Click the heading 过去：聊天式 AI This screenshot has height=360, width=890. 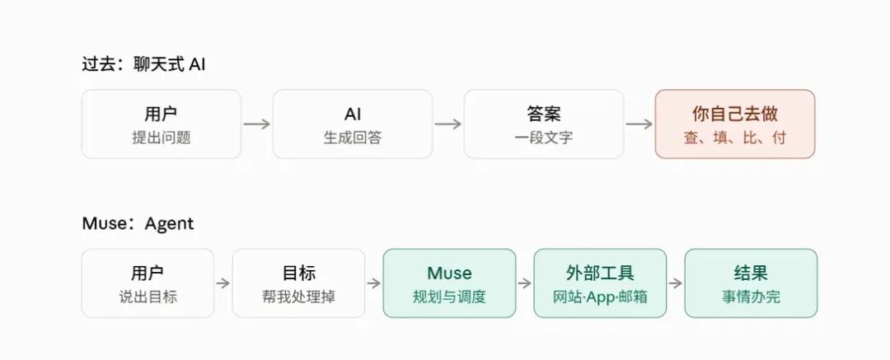143,64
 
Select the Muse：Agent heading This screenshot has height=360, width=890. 138,223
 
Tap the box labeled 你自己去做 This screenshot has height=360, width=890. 735,124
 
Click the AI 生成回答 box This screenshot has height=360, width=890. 353,124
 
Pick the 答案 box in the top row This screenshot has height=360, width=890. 544,124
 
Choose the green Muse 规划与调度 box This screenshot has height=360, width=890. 450,283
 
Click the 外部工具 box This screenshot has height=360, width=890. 600,283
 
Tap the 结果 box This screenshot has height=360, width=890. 751,283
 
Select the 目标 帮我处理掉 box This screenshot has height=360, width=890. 298,283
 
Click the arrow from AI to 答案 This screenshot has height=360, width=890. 448,124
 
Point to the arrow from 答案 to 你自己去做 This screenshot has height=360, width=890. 639,124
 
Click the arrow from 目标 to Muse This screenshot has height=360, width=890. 374,283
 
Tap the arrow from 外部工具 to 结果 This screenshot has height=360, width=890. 676,283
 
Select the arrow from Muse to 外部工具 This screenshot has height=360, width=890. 525,283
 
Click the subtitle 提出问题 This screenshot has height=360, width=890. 162,138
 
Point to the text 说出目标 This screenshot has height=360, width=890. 148,297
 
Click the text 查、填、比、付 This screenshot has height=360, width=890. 735,138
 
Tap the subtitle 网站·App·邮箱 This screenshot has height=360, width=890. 600,297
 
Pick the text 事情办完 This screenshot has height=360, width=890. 751,297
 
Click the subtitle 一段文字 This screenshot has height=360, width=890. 544,138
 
